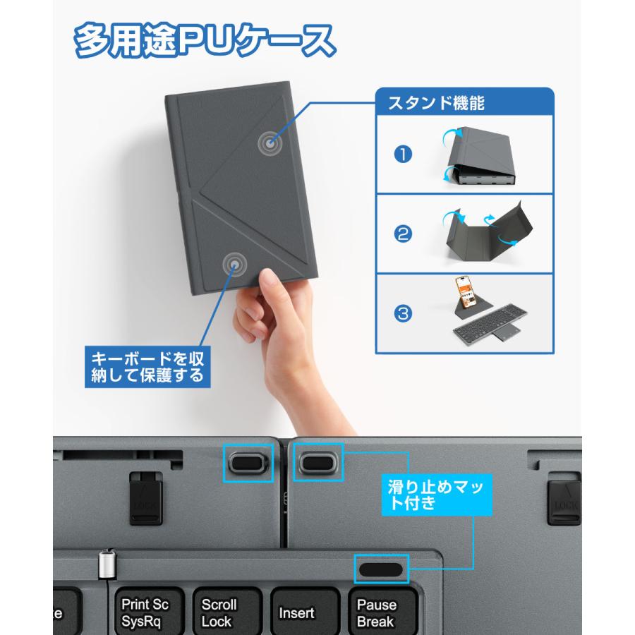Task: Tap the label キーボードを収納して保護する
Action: (x=147, y=364)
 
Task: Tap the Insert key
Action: (x=296, y=612)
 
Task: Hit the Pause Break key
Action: (x=376, y=612)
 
